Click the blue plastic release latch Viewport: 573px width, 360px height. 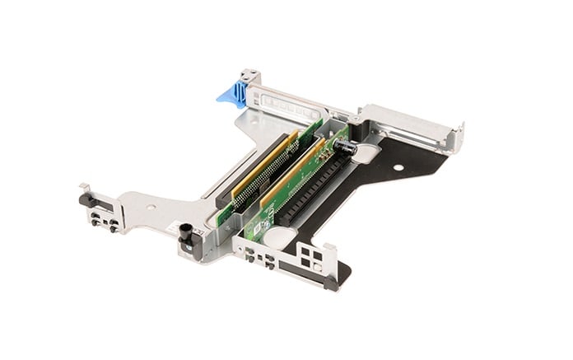coord(234,91)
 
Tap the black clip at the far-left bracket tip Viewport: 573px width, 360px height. coord(85,199)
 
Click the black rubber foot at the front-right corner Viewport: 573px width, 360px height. coord(331,283)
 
